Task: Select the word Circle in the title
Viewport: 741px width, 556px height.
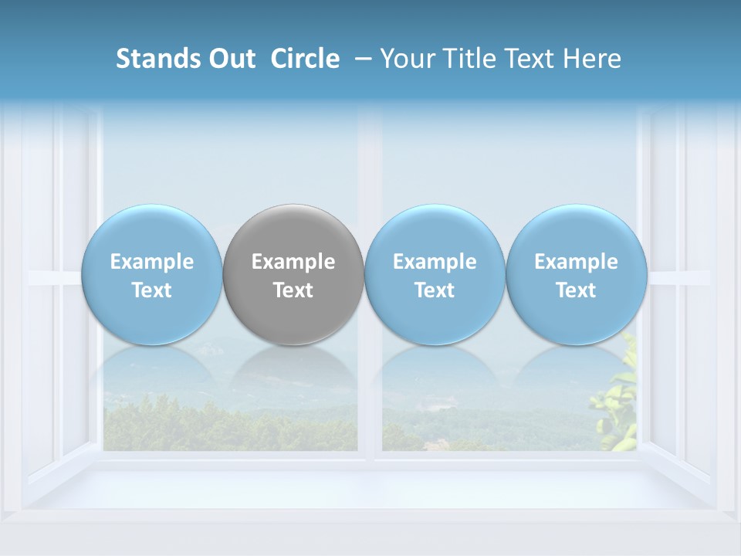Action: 305,59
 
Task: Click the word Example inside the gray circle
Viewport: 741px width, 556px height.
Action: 293,262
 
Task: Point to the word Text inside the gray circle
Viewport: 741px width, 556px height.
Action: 293,290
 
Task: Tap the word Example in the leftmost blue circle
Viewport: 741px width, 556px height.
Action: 151,262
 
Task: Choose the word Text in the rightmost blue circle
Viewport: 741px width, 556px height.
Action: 576,290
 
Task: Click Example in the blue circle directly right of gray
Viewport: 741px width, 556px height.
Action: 435,262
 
